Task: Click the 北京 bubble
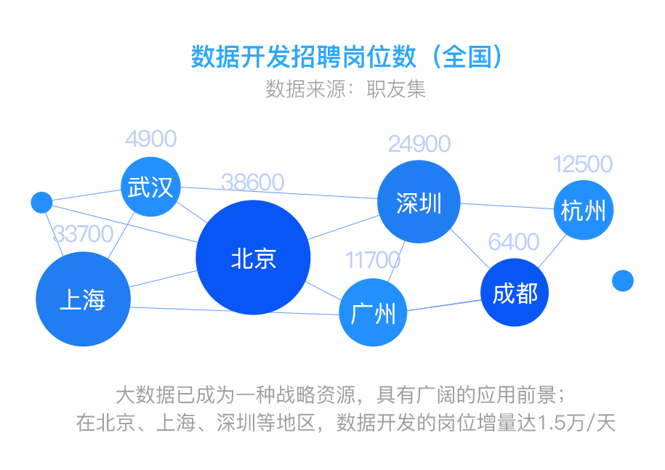click(253, 257)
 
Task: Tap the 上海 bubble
click(83, 299)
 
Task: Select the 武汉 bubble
click(150, 187)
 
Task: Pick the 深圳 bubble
click(419, 202)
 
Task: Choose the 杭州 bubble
click(583, 210)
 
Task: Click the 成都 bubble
click(515, 292)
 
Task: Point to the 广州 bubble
click(373, 312)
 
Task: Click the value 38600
click(252, 182)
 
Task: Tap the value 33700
click(83, 234)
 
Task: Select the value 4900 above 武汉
click(150, 138)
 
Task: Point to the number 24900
click(419, 144)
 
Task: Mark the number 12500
click(583, 163)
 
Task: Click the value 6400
click(514, 242)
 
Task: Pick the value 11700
click(373, 259)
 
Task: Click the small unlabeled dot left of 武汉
click(41, 202)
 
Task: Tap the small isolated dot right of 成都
click(623, 280)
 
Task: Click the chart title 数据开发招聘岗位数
click(305, 57)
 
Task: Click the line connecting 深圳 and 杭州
click(507, 206)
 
